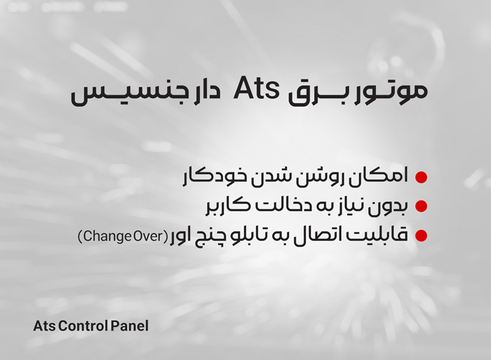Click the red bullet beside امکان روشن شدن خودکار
(421, 177)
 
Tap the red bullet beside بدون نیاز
(421, 206)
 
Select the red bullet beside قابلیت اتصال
(421, 235)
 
